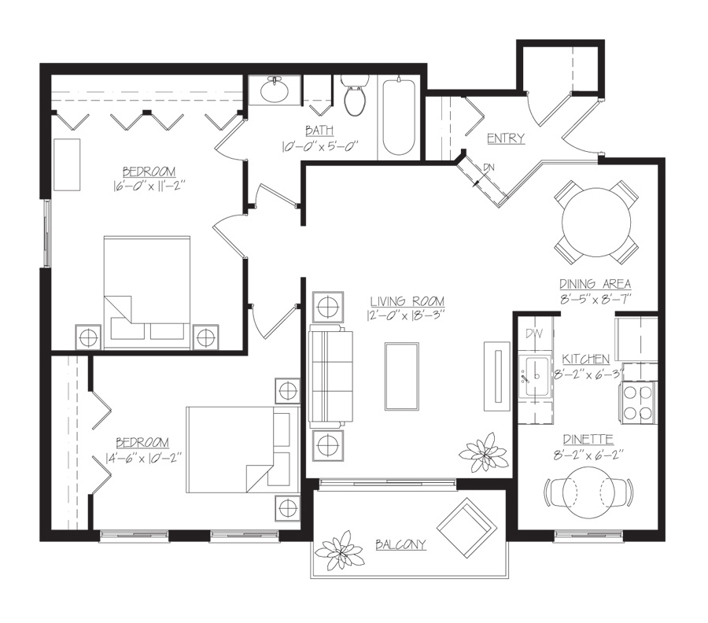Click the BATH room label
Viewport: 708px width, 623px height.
[x=319, y=131]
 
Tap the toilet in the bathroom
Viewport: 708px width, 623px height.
[x=355, y=95]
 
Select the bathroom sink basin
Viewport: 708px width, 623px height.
[x=274, y=90]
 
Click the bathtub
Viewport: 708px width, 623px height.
[x=399, y=117]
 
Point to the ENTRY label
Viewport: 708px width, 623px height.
[x=506, y=138]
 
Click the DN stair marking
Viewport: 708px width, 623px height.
[x=489, y=168]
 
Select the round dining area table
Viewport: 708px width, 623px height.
[x=596, y=222]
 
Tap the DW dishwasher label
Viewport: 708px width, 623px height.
[x=535, y=334]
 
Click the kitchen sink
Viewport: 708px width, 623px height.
[x=535, y=376]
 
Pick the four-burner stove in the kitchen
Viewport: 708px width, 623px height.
[x=639, y=402]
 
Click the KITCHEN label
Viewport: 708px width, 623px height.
[x=585, y=359]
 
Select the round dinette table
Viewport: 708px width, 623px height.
[x=589, y=493]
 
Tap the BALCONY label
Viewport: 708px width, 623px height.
[x=400, y=545]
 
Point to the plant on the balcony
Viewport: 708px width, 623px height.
[x=339, y=550]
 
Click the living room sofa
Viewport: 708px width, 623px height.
[x=330, y=377]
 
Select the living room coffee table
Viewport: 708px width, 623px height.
[x=401, y=377]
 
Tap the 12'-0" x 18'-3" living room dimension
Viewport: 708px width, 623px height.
[x=406, y=315]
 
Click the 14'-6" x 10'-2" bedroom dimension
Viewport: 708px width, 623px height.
[x=143, y=458]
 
